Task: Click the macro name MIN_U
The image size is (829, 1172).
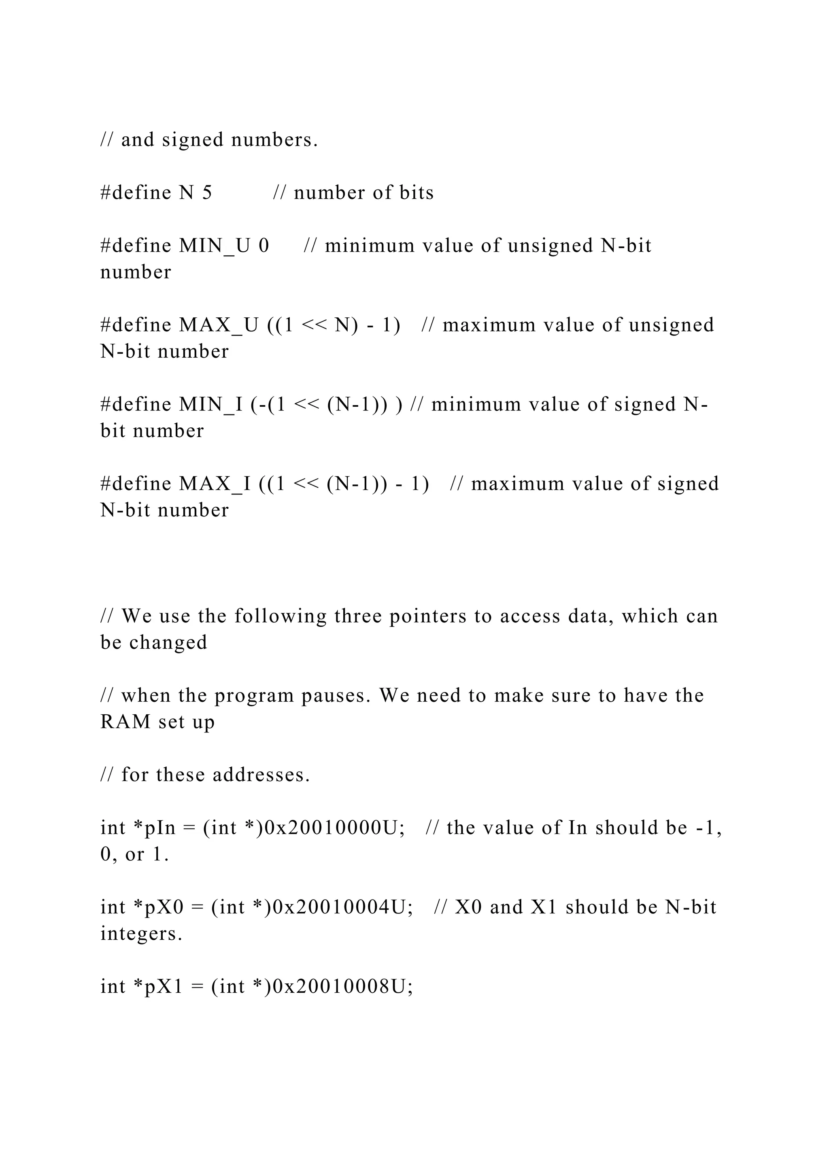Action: [215, 246]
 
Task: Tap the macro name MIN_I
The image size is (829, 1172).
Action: [211, 405]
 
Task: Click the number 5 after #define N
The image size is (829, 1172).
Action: [207, 193]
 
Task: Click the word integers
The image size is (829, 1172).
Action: [141, 934]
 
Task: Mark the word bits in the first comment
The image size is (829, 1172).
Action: [416, 193]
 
